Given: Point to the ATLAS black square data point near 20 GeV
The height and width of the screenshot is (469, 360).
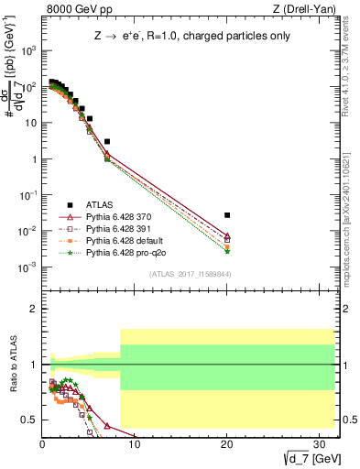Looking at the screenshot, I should click(227, 214).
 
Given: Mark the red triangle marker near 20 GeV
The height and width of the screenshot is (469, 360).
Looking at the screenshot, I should click(227, 235).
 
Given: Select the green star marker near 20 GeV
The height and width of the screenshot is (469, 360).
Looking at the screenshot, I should click(227, 251).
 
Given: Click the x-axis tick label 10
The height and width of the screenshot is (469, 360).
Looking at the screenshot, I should click(135, 444).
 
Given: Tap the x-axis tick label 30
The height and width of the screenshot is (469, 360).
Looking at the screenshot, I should click(320, 444).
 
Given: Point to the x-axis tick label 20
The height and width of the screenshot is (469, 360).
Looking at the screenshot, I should click(227, 444).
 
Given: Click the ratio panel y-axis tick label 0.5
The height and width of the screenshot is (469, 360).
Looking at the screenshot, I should click(30, 420).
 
